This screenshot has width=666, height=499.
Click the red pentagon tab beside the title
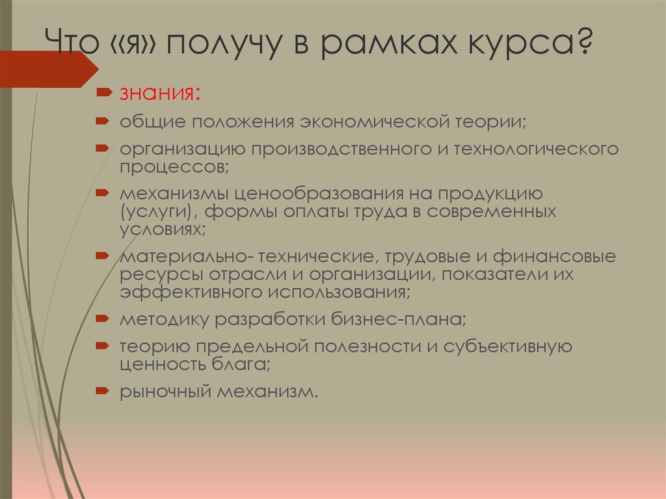tap(49, 69)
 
